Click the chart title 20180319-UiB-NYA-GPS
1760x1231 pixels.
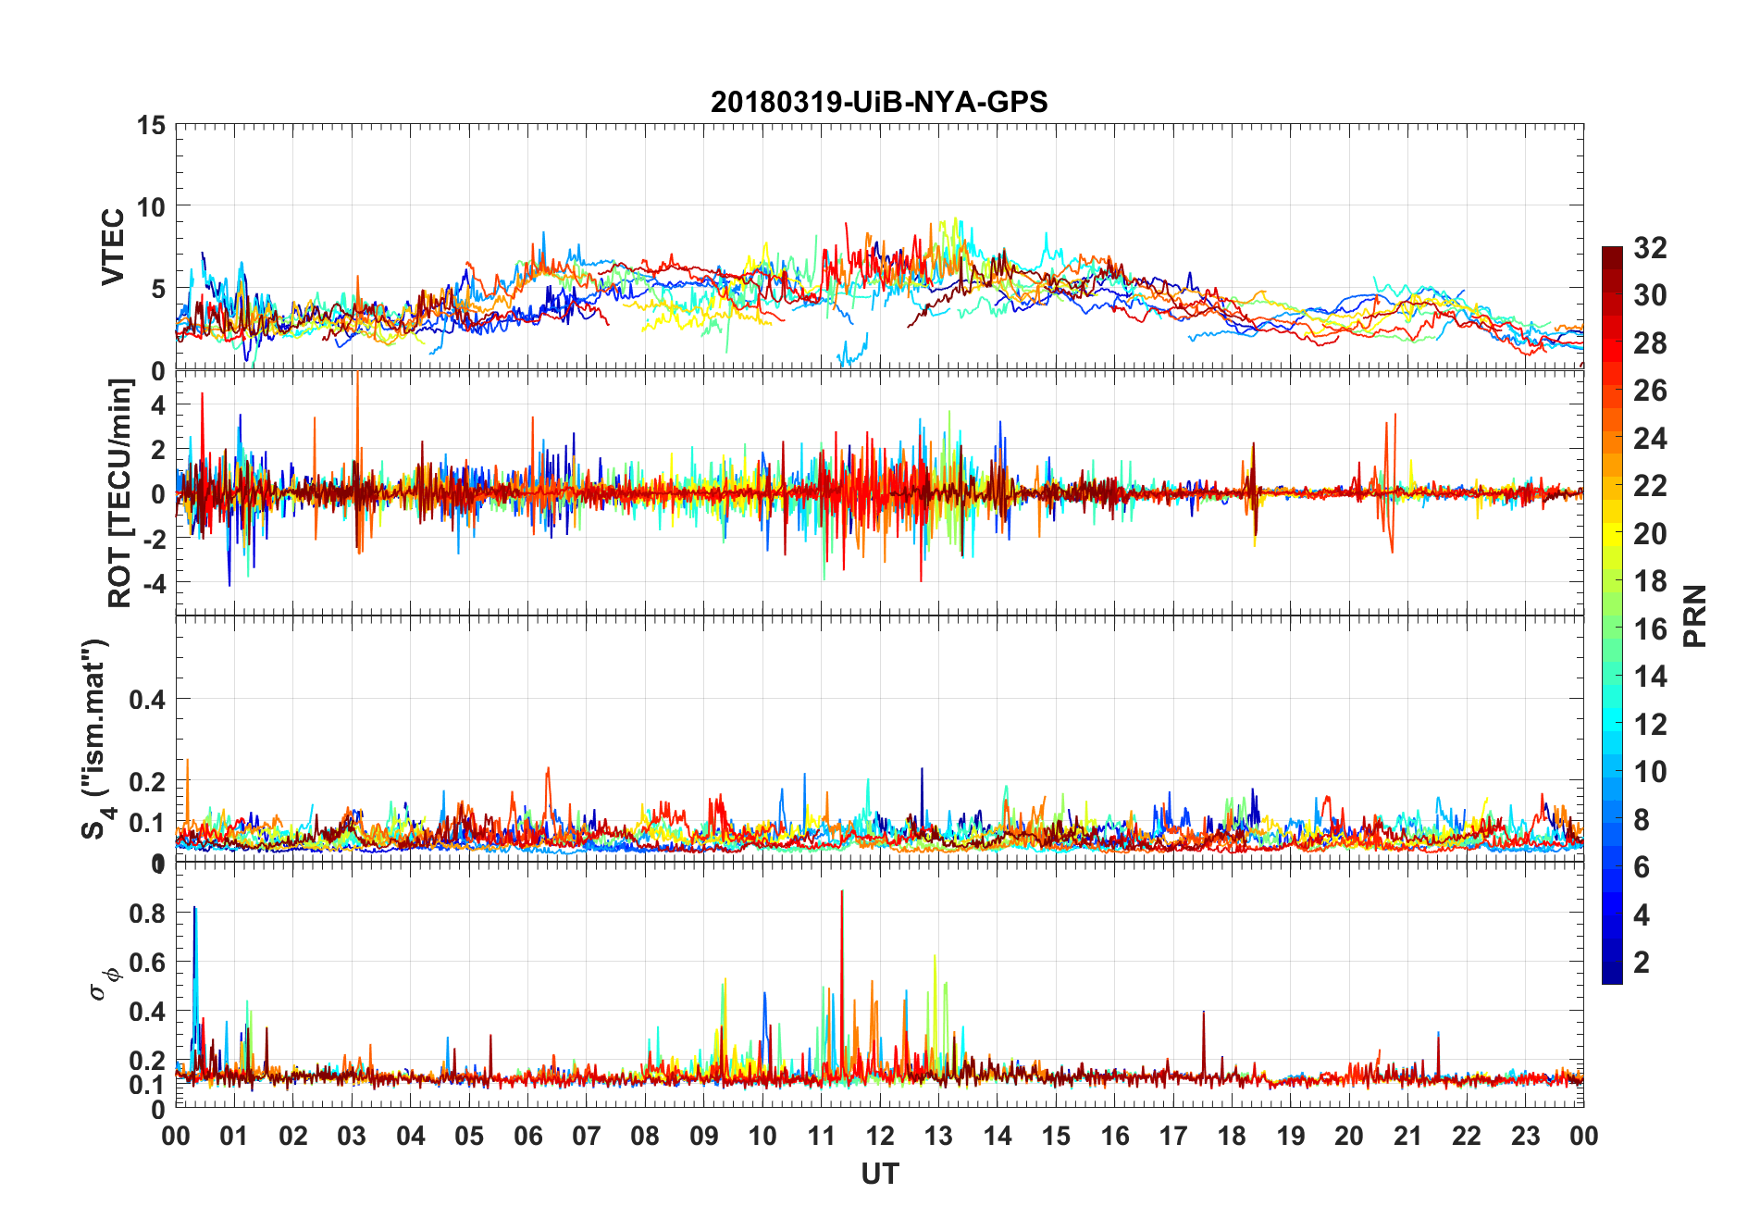(879, 102)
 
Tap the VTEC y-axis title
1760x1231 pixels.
(113, 247)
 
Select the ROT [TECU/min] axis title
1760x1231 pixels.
(120, 492)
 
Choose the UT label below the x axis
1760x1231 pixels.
(879, 1175)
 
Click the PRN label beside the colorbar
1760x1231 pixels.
(1695, 615)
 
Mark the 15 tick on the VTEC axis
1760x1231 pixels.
(151, 125)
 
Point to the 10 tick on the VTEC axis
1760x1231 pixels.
(151, 206)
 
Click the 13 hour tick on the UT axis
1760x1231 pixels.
(938, 1136)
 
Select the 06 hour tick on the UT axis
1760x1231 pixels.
(527, 1136)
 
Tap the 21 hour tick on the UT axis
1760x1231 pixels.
(1407, 1136)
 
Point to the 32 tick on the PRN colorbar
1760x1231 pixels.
(1650, 248)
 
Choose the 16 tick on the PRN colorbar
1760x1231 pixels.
(1650, 629)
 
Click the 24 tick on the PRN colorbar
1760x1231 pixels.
(1650, 439)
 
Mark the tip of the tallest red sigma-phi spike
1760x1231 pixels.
(841, 891)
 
